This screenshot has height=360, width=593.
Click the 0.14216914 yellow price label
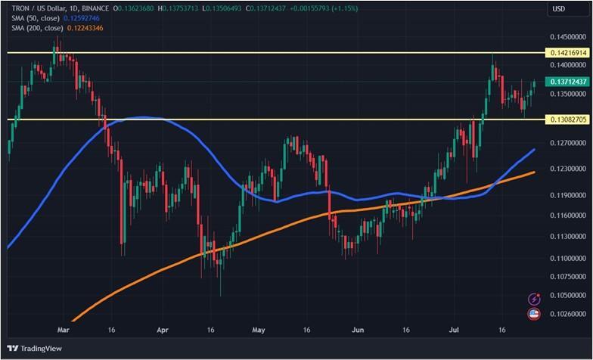(567, 53)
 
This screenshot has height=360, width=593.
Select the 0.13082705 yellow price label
(567, 119)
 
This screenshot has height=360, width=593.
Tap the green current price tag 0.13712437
(567, 82)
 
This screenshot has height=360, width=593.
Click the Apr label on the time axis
(162, 330)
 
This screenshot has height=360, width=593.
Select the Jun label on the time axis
(358, 330)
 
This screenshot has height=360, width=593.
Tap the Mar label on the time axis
(64, 330)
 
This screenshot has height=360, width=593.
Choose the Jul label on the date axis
(454, 330)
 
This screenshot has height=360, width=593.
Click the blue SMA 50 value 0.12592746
(83, 18)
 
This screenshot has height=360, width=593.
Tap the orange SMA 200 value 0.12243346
(85, 28)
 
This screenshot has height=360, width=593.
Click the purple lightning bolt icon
(534, 299)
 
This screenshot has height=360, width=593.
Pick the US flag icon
(534, 313)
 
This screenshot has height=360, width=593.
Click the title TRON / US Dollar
(33, 8)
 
